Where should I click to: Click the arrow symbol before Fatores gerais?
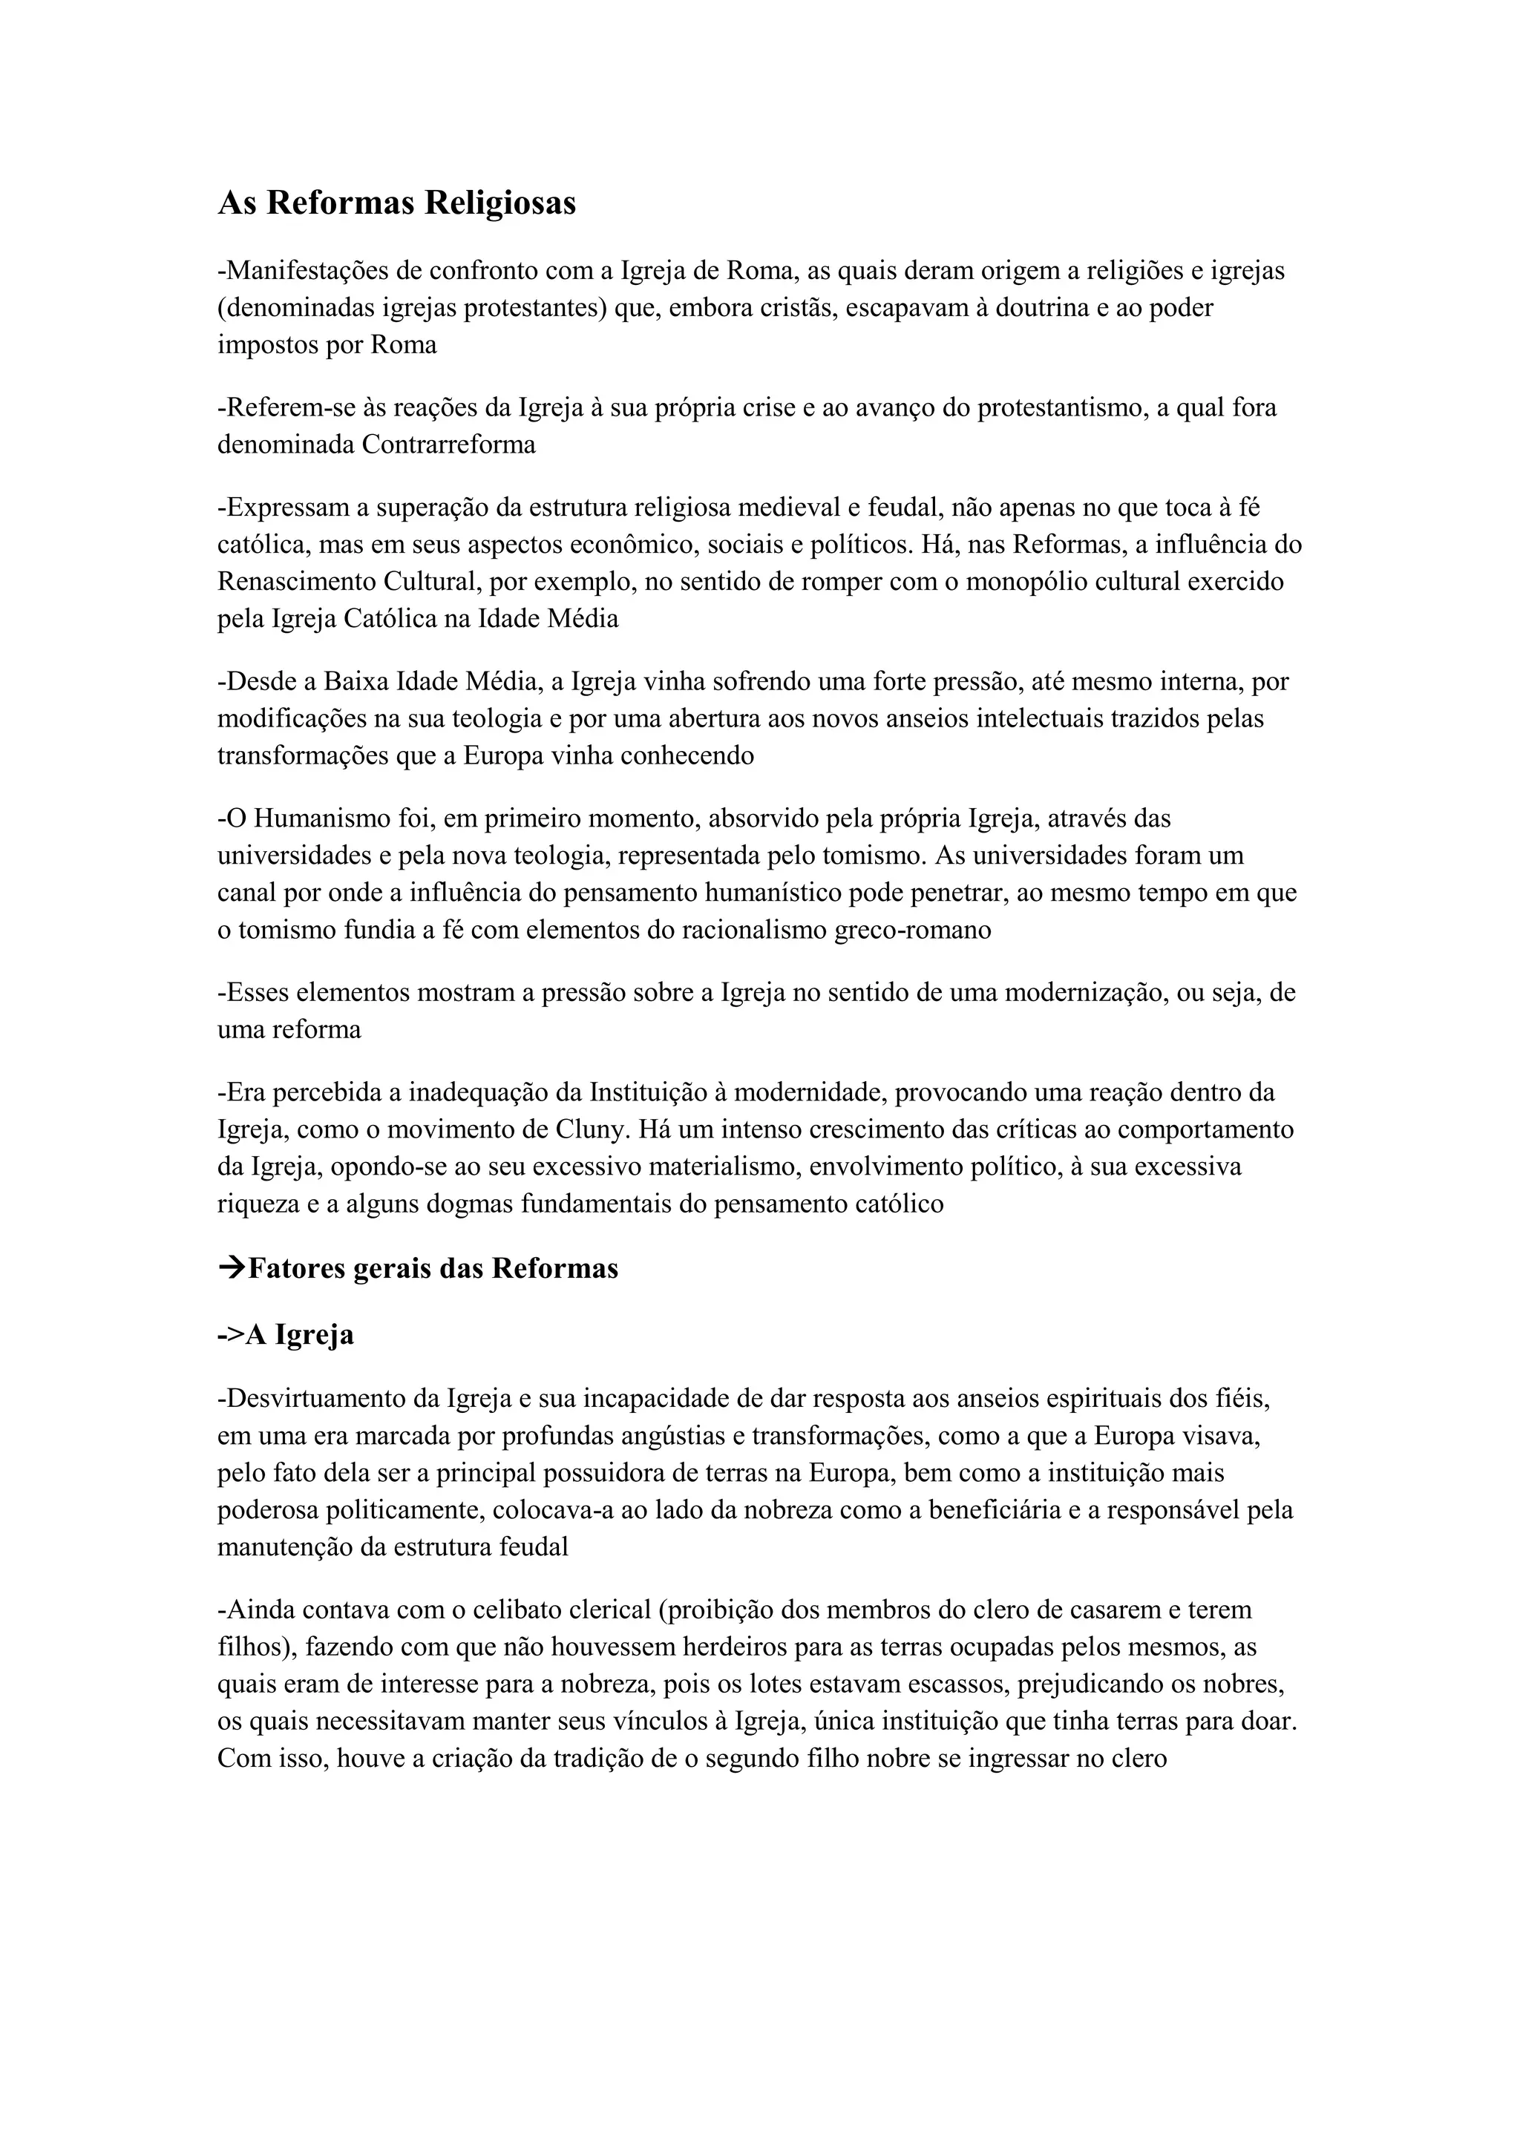pos(231,1269)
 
